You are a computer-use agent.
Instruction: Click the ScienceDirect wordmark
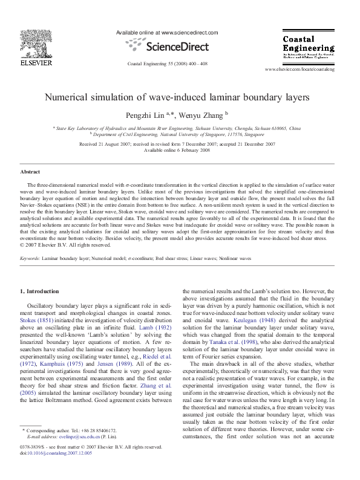[167, 45]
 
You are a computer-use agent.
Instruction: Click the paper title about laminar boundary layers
[180, 96]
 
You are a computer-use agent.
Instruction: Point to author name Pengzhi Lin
[159, 114]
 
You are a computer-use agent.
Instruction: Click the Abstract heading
[30, 172]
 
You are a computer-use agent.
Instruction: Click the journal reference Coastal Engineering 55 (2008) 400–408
[168, 63]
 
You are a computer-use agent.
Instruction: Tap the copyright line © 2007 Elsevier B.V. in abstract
[66, 245]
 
